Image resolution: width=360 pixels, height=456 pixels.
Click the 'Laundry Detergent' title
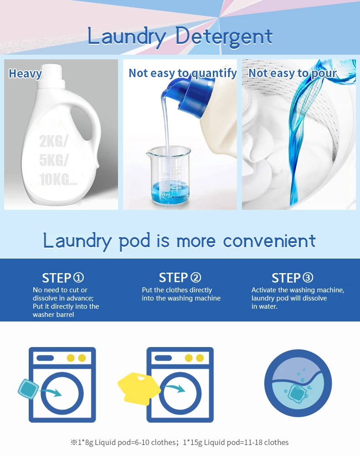[180, 36]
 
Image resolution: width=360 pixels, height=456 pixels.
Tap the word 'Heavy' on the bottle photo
[25, 73]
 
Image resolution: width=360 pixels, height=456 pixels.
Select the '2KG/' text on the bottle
[53, 141]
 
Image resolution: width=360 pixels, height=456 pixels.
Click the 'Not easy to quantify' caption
[182, 73]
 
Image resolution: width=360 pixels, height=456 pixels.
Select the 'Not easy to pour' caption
[292, 73]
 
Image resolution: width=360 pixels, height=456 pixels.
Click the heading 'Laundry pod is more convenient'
[180, 241]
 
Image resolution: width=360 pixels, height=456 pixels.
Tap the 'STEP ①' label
[63, 278]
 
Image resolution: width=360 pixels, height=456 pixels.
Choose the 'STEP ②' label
[180, 277]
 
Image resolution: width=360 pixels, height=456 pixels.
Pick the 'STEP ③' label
[293, 278]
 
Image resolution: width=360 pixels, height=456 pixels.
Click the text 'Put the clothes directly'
[177, 290]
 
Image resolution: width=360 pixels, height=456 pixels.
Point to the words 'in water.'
[264, 306]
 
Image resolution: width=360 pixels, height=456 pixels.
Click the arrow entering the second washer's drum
[175, 388]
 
